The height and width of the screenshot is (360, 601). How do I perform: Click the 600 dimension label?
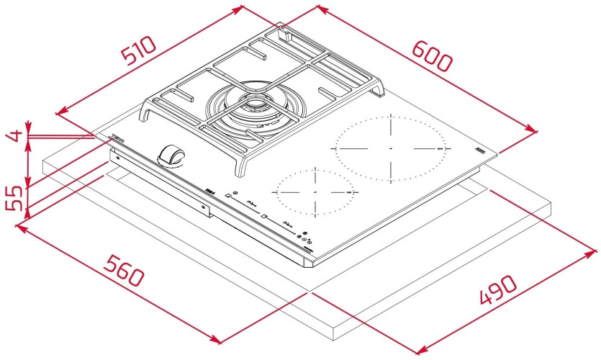pyautogui.click(x=432, y=54)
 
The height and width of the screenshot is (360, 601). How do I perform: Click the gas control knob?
pyautogui.click(x=173, y=155)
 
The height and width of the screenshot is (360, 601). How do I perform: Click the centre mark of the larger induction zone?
pyautogui.click(x=389, y=148)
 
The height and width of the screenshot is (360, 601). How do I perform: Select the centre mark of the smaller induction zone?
pyautogui.click(x=315, y=194)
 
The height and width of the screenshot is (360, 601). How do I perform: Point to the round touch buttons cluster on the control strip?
pyautogui.click(x=305, y=238)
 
